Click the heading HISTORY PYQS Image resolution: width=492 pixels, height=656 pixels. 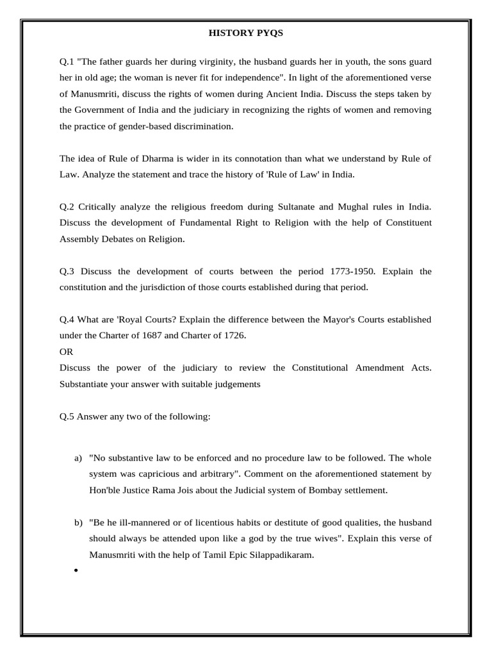coord(245,33)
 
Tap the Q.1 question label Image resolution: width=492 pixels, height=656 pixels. coord(66,61)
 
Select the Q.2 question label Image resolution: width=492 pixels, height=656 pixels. coord(66,207)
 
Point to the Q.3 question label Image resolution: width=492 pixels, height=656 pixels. coord(66,271)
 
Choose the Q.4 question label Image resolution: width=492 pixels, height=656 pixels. coord(66,319)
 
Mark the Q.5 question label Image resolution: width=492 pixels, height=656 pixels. coord(66,416)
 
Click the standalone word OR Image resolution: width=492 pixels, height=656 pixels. coord(67,352)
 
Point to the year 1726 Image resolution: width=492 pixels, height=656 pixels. coord(234,336)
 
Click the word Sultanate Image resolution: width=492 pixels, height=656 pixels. coord(299,207)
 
